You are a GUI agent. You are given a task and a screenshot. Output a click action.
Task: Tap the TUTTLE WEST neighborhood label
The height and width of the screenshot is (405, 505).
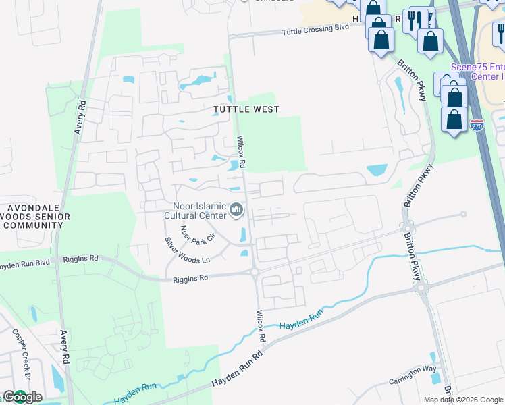(x=246, y=109)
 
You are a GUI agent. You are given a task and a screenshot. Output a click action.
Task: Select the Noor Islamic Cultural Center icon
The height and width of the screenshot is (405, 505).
(x=236, y=211)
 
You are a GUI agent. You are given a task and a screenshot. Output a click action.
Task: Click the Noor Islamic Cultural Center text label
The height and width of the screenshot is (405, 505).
(x=195, y=211)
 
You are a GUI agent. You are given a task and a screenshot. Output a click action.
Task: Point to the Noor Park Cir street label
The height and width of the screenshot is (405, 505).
(x=196, y=234)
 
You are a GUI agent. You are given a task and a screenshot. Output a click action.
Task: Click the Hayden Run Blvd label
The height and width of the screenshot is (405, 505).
(x=28, y=265)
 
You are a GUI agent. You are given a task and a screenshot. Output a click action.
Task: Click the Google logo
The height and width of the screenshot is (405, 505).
(x=22, y=397)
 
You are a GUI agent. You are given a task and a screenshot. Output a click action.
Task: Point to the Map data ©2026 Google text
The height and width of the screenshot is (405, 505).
(x=463, y=400)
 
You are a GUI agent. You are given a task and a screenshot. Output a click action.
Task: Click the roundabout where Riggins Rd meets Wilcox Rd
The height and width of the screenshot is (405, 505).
(x=255, y=273)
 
